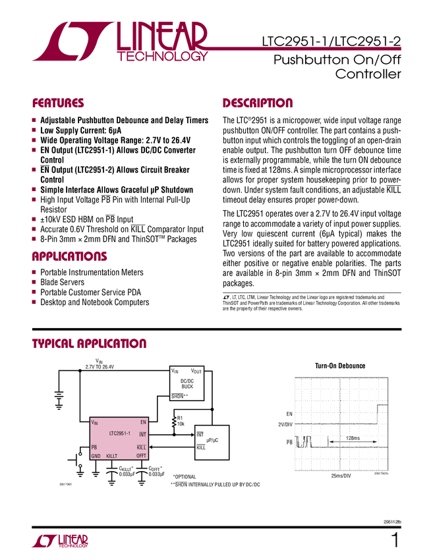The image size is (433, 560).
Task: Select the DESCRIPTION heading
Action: click(x=258, y=103)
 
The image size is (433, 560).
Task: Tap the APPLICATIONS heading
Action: click(x=69, y=256)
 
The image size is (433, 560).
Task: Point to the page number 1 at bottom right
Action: click(x=395, y=541)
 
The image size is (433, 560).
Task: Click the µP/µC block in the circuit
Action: click(x=212, y=440)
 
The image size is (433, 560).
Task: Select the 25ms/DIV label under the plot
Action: click(x=340, y=475)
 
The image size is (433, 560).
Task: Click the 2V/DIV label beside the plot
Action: click(x=285, y=425)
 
